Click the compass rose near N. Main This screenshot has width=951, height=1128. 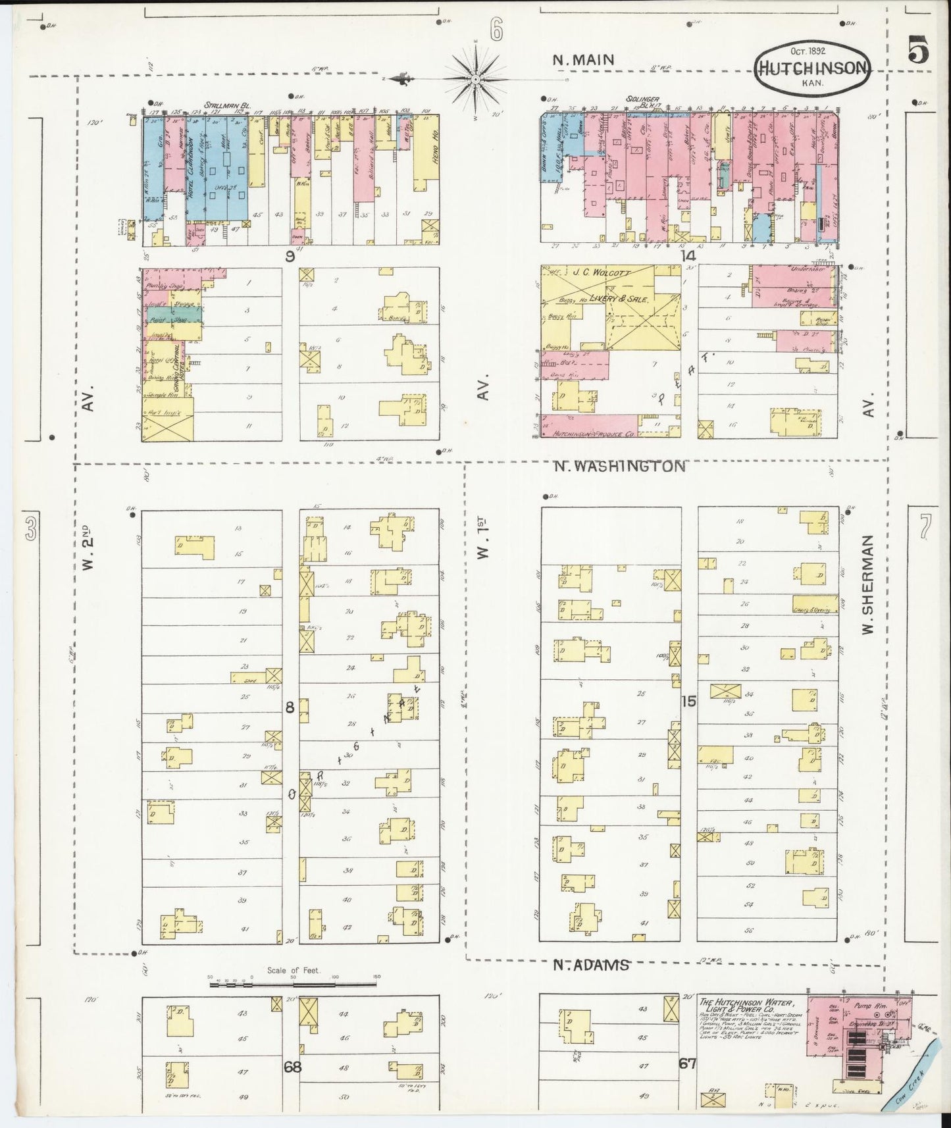[475, 79]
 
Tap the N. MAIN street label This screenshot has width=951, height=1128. [583, 59]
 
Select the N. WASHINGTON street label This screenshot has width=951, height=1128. [619, 466]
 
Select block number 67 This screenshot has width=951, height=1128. [688, 1063]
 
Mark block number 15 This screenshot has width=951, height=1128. [688, 702]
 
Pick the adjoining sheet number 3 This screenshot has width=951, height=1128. [30, 529]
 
